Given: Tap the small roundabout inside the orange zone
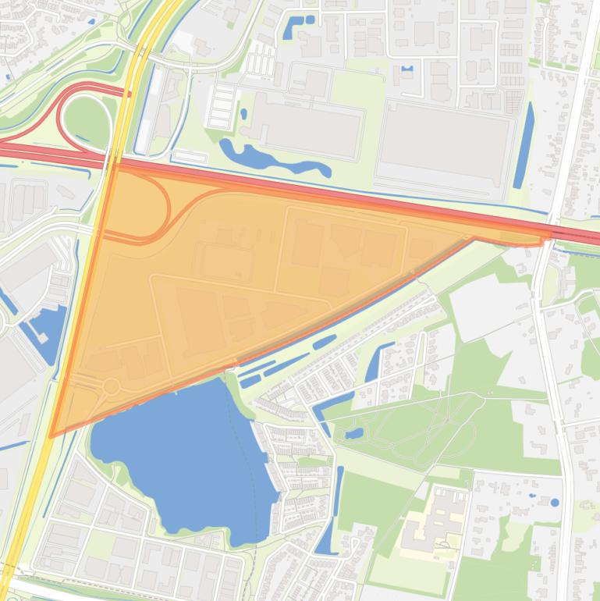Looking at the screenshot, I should coord(111,386).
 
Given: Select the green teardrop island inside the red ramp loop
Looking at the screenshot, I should coord(86,119).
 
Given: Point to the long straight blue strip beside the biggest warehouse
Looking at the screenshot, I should coord(524,146).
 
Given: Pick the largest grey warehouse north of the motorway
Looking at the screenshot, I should coord(442,144).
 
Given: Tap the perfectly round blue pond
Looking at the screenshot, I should coord(554,503).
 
